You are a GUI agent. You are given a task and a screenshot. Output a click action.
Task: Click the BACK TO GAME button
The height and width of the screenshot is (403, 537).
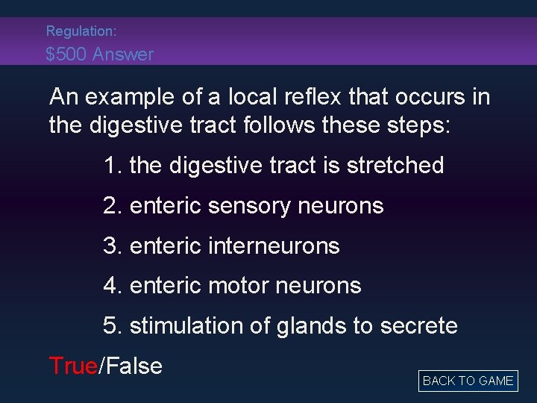[x=468, y=381]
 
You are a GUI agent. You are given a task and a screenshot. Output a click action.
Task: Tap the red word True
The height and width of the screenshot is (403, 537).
[x=73, y=366]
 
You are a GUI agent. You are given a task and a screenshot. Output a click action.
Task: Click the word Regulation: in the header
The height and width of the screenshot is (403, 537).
[x=81, y=31]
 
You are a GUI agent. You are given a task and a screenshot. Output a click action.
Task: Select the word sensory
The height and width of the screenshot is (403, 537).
[x=251, y=205]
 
